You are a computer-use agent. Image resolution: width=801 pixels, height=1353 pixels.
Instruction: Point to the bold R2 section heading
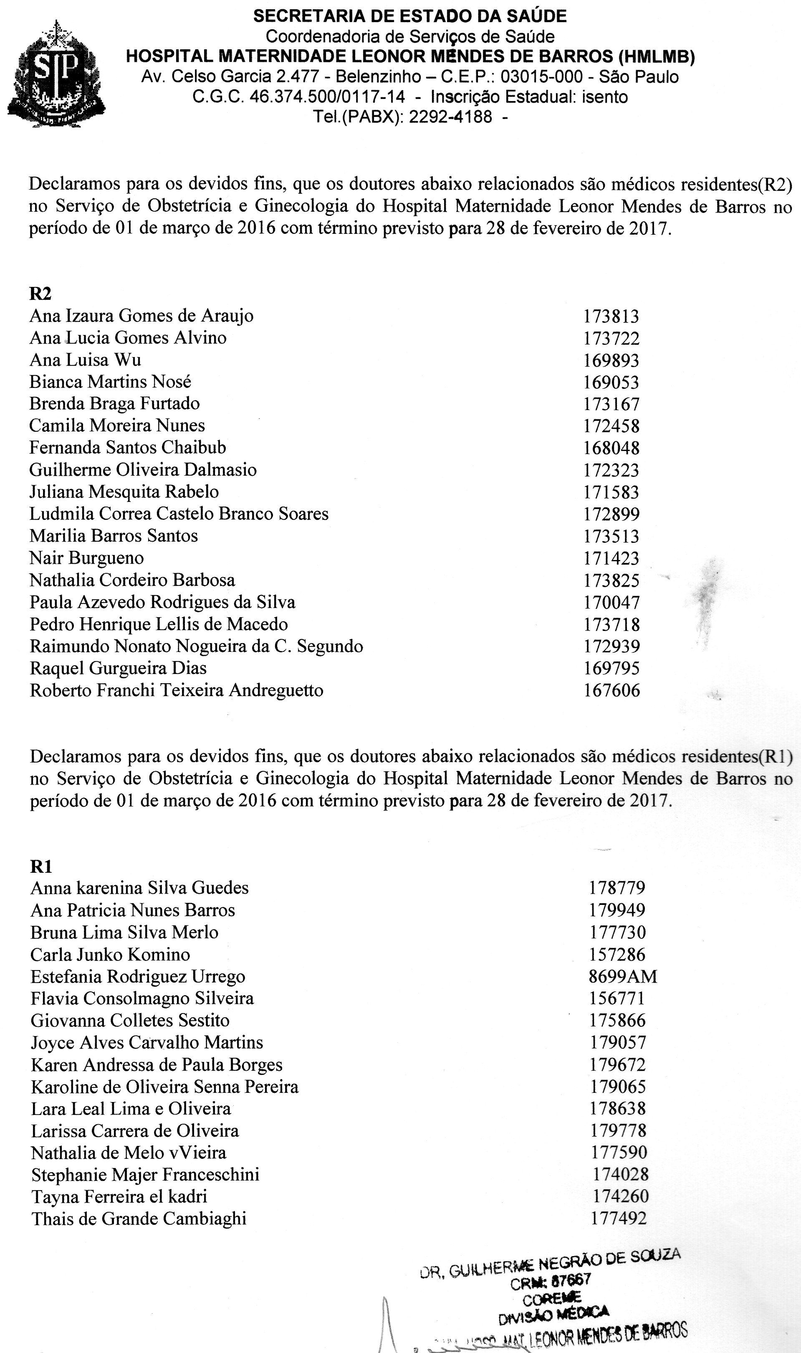pos(40,293)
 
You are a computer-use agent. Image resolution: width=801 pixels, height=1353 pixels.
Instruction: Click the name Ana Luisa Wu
pos(85,360)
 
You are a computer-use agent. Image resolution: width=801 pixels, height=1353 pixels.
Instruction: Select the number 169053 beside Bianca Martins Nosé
pos(611,382)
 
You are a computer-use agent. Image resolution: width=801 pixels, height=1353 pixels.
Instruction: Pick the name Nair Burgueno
pos(86,558)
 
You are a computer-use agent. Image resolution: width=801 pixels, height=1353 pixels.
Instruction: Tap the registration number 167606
pos(611,690)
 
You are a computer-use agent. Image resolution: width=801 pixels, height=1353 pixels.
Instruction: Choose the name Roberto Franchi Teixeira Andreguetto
pos(176,690)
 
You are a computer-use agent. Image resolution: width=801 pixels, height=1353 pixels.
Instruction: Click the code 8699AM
pos(622,976)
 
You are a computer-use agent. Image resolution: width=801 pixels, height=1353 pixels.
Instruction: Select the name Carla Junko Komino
pos(110,954)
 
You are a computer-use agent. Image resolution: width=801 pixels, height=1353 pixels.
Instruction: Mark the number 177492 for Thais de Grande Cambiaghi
pos(619,1219)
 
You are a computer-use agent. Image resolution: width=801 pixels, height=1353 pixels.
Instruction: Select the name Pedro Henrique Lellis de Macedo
pos(159,624)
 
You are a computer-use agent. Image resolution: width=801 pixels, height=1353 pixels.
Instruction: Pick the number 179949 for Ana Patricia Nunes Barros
pos(617,910)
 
